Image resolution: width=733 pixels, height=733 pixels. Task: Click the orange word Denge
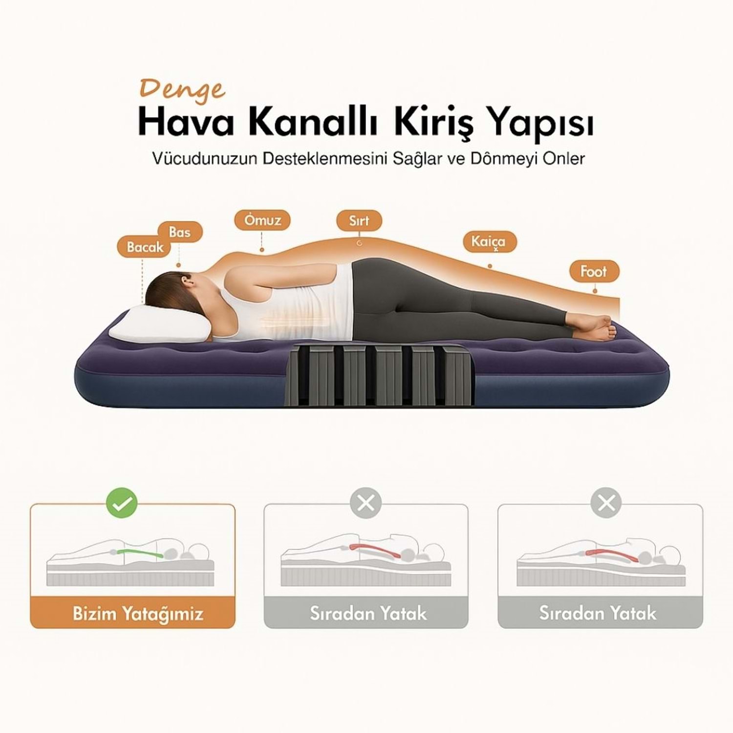pos(182,90)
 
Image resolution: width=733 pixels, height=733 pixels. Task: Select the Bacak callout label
pos(145,247)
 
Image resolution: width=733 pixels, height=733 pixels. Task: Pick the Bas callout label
pos(180,232)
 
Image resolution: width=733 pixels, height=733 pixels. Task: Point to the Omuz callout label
pos(262,220)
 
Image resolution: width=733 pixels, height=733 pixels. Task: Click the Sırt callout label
pos(359,220)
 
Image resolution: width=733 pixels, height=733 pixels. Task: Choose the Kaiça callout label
pos(488,241)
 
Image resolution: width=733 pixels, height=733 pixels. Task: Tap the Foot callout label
pos(594,271)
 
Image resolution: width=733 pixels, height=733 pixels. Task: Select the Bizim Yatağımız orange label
pos(133,613)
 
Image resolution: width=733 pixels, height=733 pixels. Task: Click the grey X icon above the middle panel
pos(366,502)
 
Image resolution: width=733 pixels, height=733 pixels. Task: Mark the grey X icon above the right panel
pos(606,502)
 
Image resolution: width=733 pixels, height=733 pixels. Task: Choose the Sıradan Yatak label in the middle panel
pos(368,613)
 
